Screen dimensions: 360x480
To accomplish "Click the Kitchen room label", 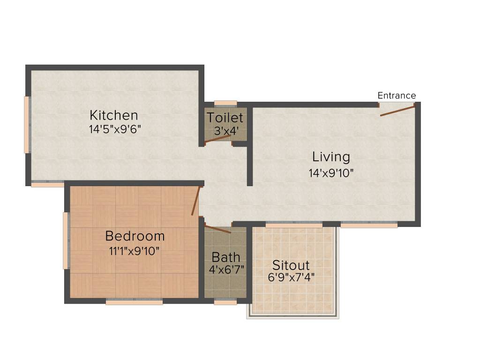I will pyautogui.click(x=114, y=115).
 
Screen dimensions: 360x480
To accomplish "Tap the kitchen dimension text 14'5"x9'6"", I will pyautogui.click(x=115, y=129).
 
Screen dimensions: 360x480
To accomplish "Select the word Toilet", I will pyautogui.click(x=225, y=118).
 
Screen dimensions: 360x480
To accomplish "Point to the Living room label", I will pyautogui.click(x=331, y=157).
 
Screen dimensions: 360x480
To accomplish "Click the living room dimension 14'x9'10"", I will pyautogui.click(x=331, y=173).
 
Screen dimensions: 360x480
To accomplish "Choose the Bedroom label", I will pyautogui.click(x=135, y=235).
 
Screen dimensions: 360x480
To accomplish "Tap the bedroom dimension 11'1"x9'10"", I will pyautogui.click(x=135, y=251).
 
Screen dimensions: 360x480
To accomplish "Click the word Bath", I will pyautogui.click(x=226, y=257).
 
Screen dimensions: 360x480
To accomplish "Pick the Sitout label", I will pyautogui.click(x=291, y=264).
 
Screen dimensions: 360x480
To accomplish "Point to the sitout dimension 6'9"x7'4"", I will pyautogui.click(x=291, y=277).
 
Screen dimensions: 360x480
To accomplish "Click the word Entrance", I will pyautogui.click(x=397, y=96).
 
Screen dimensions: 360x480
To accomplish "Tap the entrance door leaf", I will pyautogui.click(x=397, y=111).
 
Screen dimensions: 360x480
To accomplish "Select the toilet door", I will pyautogui.click(x=217, y=140).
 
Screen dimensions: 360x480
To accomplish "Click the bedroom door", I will pyautogui.click(x=196, y=201).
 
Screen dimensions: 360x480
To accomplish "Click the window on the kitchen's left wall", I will pyautogui.click(x=27, y=125).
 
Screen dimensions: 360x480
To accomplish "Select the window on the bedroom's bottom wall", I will pyautogui.click(x=134, y=302).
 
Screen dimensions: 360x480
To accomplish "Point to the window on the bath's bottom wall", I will pyautogui.click(x=225, y=302).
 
